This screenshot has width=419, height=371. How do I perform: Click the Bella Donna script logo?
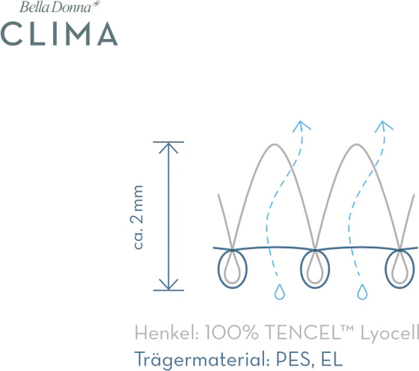[x=60, y=7]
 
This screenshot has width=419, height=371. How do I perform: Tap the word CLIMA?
[x=59, y=34]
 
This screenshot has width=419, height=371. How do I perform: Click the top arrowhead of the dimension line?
[x=168, y=147]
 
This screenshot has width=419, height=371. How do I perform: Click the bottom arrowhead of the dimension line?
[x=168, y=284]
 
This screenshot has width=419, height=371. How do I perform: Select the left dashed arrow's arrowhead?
[x=301, y=126]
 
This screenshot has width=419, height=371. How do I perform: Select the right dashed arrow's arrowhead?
[x=383, y=126]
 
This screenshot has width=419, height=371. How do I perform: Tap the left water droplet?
[x=280, y=292]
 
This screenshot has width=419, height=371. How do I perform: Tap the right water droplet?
[x=362, y=292]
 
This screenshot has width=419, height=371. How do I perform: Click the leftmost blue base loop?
[x=218, y=269]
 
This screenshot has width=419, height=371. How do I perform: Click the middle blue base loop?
[x=301, y=269]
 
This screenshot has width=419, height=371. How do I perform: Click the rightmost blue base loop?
[x=385, y=269]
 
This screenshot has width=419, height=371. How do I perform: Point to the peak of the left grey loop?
[x=275, y=144]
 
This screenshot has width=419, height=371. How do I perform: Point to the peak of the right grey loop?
[x=357, y=144]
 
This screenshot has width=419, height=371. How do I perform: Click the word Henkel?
[x=167, y=333]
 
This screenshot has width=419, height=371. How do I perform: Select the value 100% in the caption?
[x=232, y=333]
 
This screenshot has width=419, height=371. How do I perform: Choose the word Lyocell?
[x=390, y=334]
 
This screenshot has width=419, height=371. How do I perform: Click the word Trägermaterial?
[x=202, y=358]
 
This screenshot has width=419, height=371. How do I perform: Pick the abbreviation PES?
[x=293, y=359]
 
